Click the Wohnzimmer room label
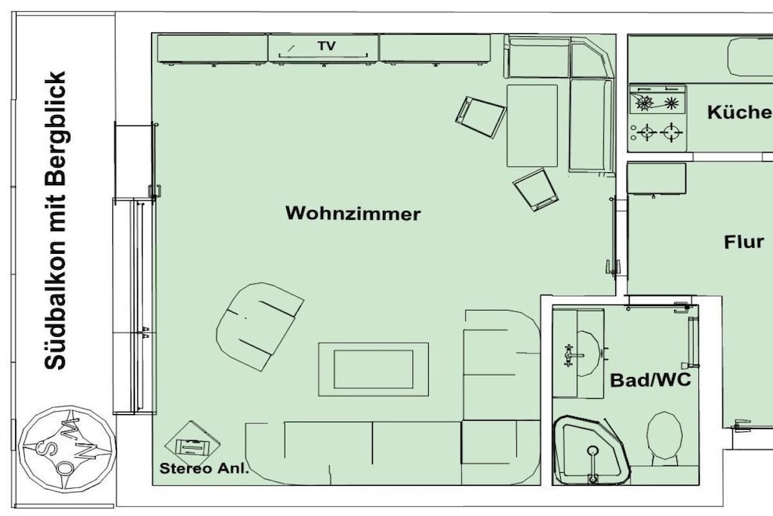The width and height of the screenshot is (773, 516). point(353,214)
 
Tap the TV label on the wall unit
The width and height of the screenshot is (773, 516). point(326,46)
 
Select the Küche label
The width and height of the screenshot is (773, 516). point(740,113)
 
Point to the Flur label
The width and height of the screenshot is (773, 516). point(744,242)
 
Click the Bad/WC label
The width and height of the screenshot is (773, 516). point(650,380)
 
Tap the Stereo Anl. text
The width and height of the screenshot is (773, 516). point(204,468)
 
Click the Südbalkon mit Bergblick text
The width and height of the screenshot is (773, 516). point(55,221)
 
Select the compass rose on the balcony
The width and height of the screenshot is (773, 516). point(67,449)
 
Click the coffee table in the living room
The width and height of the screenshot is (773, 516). point(373,369)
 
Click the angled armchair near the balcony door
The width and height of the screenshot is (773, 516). point(260,326)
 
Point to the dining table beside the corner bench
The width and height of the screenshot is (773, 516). point(532,126)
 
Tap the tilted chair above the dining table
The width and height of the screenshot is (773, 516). point(480,117)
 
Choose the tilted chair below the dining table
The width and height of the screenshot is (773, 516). point(536,190)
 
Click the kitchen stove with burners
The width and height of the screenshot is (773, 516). point(658,119)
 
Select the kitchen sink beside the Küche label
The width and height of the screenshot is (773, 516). point(750,57)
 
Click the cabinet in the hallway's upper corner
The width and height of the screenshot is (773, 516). point(656,179)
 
